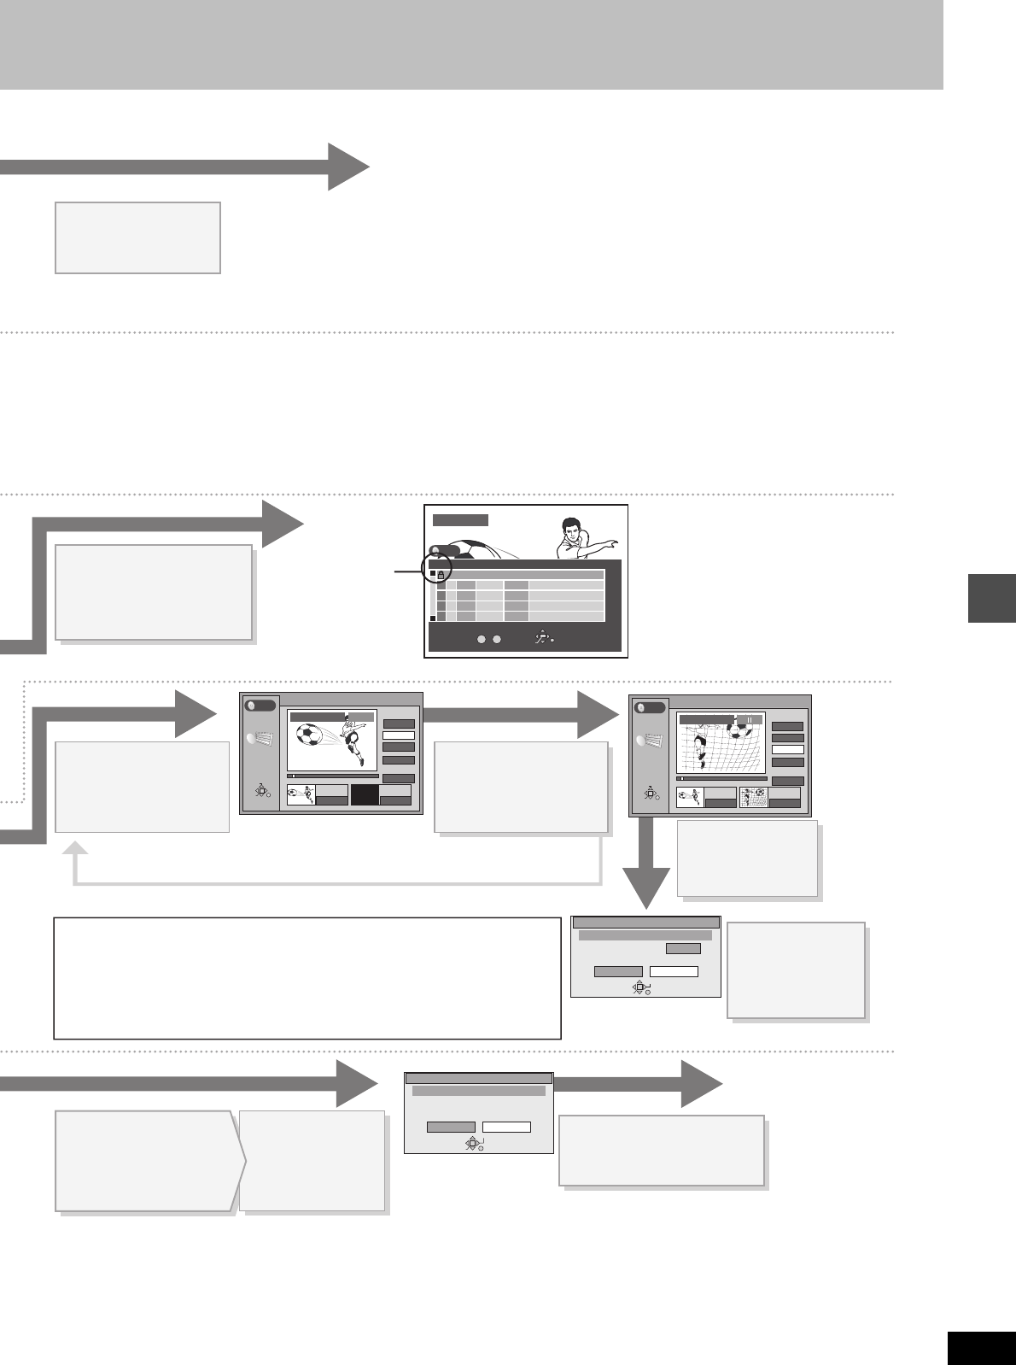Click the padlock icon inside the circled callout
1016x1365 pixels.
(441, 576)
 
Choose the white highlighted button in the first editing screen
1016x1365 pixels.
(399, 735)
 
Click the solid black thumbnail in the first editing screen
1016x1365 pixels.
(365, 795)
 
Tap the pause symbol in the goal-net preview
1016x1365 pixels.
(750, 720)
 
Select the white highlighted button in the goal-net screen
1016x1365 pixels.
(787, 749)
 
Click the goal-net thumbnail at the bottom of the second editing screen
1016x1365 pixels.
(754, 798)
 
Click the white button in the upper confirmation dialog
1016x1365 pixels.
(674, 971)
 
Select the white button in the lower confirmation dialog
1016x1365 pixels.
(506, 1127)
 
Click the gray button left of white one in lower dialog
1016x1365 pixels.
(451, 1127)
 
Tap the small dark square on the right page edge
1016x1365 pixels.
(992, 598)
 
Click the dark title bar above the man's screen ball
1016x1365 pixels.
(460, 519)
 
